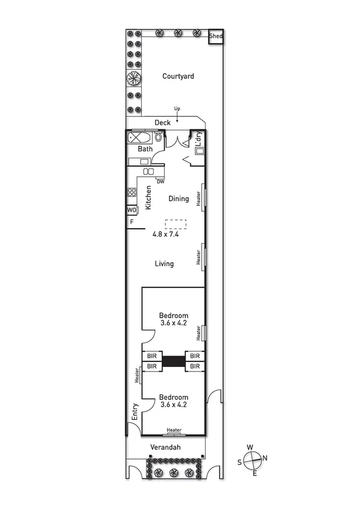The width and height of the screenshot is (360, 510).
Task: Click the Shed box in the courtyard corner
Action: pos(216,37)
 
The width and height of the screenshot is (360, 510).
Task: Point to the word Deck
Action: pos(162,123)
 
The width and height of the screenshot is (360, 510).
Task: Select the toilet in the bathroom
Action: pos(158,138)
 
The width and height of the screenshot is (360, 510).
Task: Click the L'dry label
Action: pos(197,139)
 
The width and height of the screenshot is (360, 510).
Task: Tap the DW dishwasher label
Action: pos(160,181)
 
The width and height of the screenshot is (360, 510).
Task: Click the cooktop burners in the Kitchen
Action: pos(132,193)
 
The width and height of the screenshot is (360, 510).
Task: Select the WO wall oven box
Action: pos(132,210)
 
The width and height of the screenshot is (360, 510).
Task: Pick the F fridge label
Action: pos(131,222)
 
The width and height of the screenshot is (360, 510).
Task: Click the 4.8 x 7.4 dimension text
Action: pos(166,235)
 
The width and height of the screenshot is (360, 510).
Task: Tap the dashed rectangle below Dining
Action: pos(175,224)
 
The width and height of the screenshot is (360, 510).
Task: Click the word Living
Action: pos(164,263)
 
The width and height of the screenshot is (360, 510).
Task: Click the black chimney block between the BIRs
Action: pos(173,361)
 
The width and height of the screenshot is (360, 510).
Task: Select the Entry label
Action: pos(135,412)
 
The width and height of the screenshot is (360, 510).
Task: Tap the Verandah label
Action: pos(166,447)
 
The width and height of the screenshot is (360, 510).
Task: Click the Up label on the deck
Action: pos(177,109)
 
